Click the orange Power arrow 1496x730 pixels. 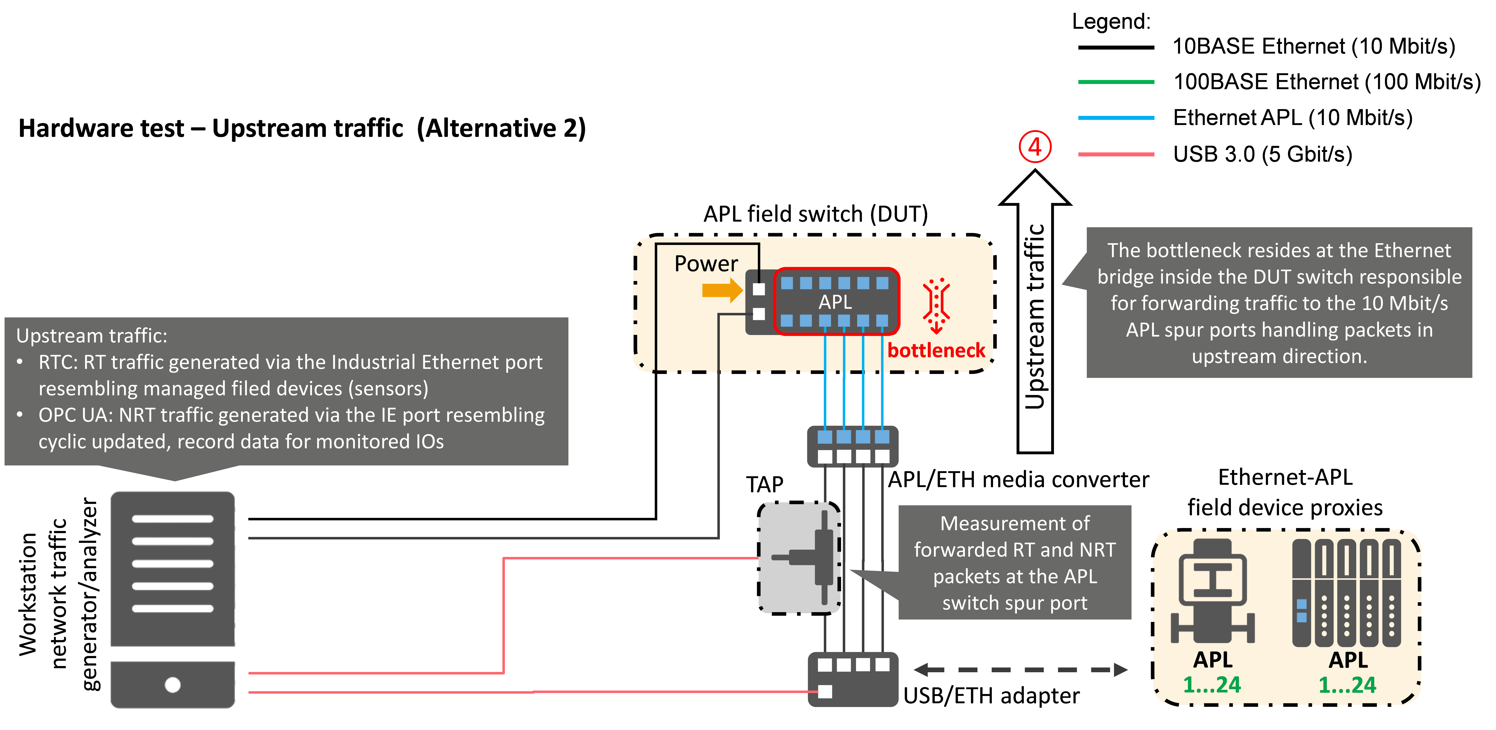(x=722, y=290)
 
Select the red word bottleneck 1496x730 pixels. (x=936, y=350)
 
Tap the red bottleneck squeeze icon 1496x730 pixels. (x=936, y=306)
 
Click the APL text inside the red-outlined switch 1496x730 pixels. (x=835, y=302)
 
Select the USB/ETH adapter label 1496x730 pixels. (x=991, y=695)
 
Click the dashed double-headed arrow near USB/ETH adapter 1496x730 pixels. (x=1020, y=670)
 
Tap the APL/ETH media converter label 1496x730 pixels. (x=1019, y=480)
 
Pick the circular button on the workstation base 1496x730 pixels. (x=172, y=685)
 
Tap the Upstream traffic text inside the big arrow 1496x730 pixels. (x=1035, y=316)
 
